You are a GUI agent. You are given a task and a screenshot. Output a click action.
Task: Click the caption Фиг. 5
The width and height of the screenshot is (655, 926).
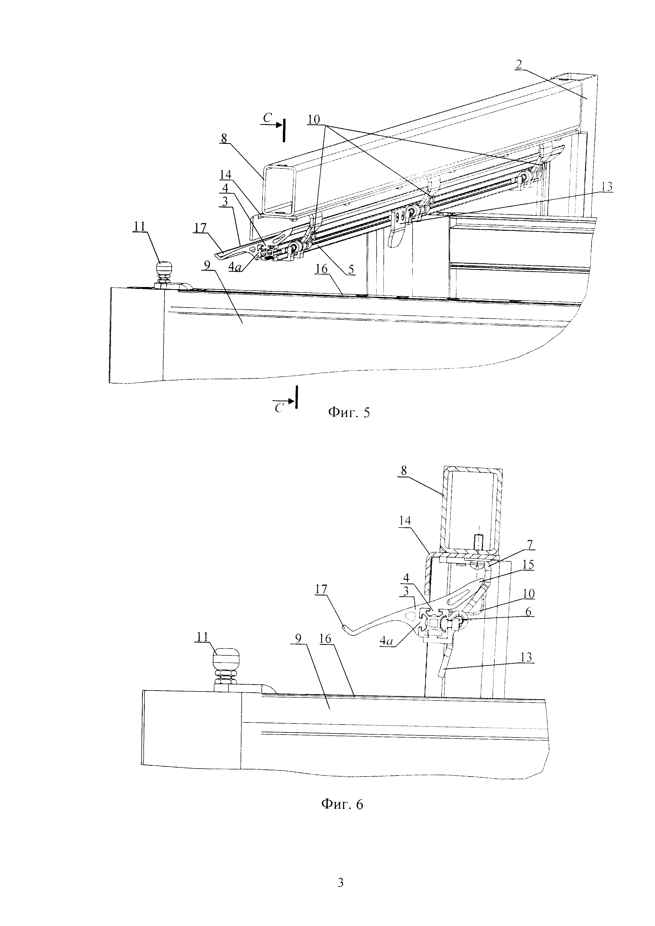348,412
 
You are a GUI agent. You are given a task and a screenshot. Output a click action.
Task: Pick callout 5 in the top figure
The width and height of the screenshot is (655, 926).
351,269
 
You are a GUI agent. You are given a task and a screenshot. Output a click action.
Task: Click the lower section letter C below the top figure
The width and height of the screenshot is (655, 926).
278,408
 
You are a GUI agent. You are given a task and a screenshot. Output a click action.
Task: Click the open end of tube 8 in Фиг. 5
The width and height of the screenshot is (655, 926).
279,189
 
